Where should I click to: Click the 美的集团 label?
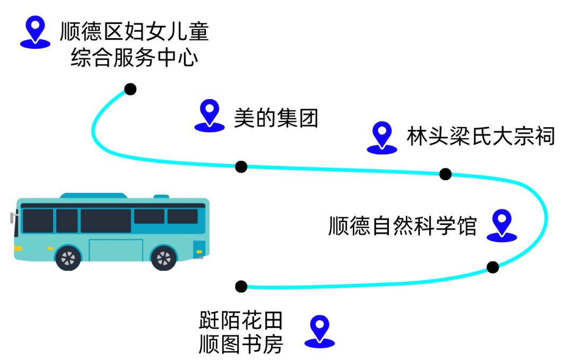276,118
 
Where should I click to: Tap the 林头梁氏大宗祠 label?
481,136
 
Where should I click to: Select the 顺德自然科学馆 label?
402,226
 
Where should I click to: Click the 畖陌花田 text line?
241,320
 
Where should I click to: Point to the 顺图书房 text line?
241,344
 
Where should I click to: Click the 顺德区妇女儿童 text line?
134,31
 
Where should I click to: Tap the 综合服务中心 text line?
134,58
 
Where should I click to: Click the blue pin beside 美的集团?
210,116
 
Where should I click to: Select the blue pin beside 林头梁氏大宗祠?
382,138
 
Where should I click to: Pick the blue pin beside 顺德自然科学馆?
502,225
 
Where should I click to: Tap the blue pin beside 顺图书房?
320,331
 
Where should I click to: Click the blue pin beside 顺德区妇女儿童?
35,32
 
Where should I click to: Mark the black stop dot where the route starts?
130,89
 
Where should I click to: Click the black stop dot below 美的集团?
241,167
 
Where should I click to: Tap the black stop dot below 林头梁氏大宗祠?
445,174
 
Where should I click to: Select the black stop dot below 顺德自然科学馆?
492,267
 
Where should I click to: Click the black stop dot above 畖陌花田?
241,287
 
